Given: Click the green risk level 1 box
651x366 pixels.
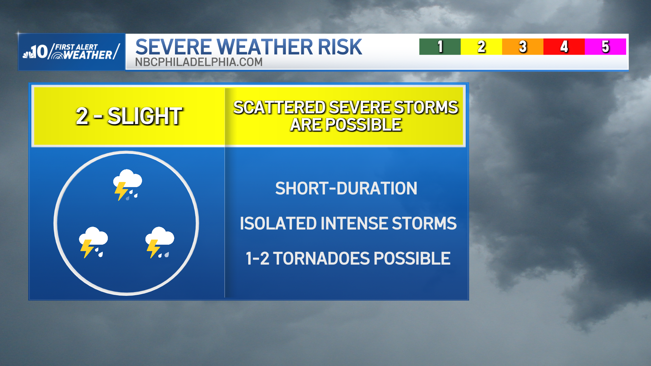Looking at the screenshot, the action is (x=440, y=46).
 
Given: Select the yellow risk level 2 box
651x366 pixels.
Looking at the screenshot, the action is (x=481, y=46).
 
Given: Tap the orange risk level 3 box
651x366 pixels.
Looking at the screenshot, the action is (x=522, y=46).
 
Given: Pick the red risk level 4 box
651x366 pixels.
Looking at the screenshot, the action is (x=564, y=46).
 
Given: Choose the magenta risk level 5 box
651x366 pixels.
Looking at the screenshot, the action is (x=605, y=46).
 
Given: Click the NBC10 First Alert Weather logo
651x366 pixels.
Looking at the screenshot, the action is (x=72, y=52).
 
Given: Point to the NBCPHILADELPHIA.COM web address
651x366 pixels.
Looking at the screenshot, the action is (x=199, y=62).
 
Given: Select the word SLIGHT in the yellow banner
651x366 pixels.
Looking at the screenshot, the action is (x=145, y=116).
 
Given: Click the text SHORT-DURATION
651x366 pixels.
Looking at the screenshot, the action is (x=346, y=188).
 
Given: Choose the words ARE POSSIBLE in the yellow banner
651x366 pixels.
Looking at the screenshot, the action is (x=346, y=125).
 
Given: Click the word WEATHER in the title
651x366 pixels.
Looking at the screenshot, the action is (x=265, y=47).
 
